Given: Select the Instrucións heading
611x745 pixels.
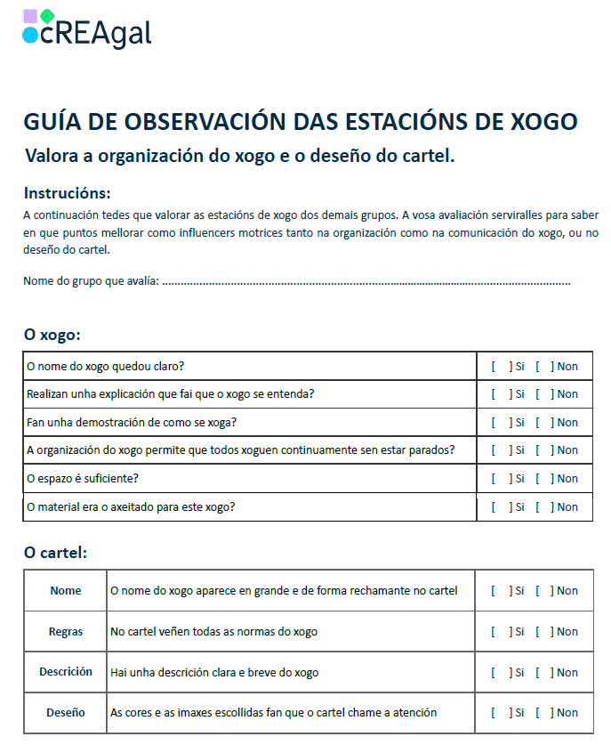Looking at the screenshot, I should [68, 193].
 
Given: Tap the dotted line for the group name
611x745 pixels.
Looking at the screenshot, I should [366, 282].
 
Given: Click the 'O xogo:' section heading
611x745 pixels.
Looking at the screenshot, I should [52, 336].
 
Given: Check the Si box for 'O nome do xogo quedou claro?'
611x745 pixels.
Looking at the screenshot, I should [502, 366].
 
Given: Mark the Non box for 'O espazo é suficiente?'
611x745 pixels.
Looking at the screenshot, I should [543, 479].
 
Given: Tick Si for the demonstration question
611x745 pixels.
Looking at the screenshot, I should [502, 422].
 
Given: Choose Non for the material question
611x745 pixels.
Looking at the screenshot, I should [543, 507].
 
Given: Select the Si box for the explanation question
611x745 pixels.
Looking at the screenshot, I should [502, 394].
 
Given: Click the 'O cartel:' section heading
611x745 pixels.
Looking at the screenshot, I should [55, 553].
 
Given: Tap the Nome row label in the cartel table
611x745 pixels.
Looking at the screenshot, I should [66, 591].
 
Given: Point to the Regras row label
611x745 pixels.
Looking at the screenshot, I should [66, 632].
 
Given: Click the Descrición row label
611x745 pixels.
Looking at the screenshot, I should [66, 673].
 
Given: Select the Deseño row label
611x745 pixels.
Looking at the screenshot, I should [66, 713].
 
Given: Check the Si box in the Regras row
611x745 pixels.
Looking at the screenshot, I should [502, 632].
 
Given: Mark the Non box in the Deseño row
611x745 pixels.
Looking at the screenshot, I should [543, 713].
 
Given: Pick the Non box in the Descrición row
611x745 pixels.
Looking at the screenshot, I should [543, 673].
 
